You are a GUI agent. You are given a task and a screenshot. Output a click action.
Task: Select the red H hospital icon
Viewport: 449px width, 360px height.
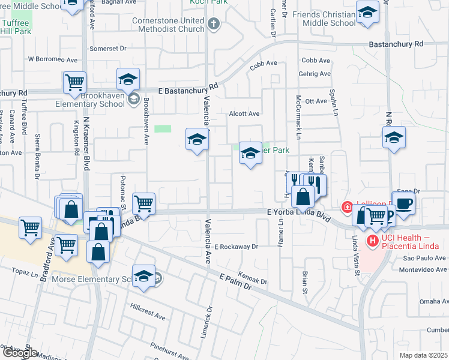(x=372, y=241)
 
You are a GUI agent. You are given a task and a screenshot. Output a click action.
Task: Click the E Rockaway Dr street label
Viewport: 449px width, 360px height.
(x=236, y=247)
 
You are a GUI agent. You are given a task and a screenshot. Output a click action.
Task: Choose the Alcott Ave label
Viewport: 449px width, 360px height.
(x=244, y=113)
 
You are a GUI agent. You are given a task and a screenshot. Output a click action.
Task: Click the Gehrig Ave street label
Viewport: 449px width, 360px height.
(x=316, y=74)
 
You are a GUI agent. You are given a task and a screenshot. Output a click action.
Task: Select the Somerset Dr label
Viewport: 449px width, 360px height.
(x=109, y=48)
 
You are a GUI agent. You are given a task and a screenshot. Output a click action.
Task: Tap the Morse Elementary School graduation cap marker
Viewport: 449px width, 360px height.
(x=144, y=276)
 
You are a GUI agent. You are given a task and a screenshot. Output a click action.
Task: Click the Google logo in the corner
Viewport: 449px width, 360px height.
(x=19, y=353)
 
